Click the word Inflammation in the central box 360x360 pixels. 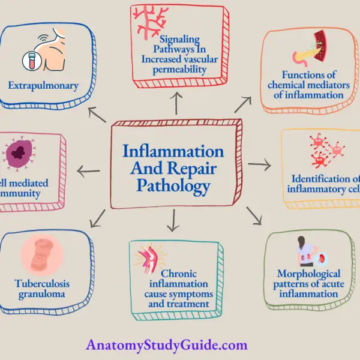(173, 150)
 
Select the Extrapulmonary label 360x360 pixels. (43, 86)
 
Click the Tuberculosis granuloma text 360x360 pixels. (43, 287)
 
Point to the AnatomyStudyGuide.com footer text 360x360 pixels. (167, 346)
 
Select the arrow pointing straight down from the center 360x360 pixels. (173, 223)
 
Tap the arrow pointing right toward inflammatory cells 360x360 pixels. (259, 164)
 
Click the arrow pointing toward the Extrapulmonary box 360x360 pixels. (97, 115)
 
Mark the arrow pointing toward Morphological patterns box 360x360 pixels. (254, 217)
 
